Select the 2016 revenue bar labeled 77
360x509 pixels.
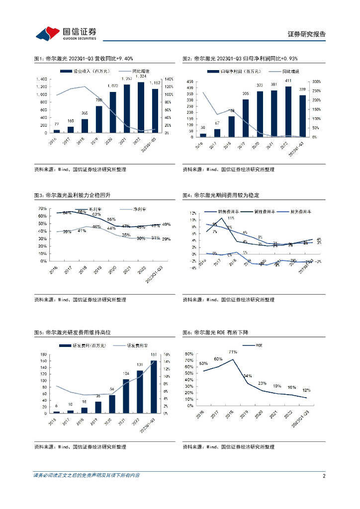(x=57, y=131)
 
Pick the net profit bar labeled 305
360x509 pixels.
(x=246, y=118)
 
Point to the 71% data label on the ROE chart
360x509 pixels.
(x=233, y=352)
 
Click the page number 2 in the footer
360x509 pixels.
(x=324, y=476)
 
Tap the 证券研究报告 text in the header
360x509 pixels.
(x=307, y=34)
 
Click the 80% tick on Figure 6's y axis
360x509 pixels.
(x=190, y=354)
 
